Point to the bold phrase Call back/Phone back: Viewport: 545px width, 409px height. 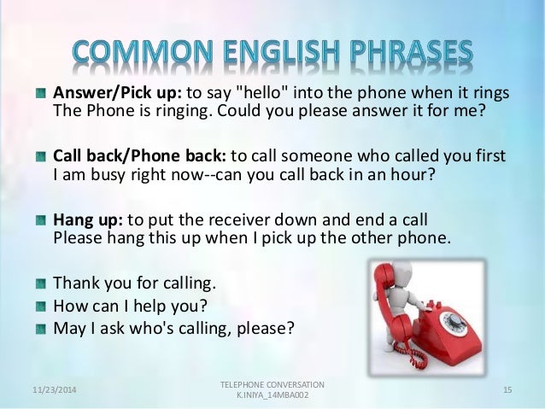coord(140,157)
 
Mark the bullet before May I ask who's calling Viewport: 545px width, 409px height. coord(42,327)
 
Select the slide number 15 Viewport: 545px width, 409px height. coord(507,389)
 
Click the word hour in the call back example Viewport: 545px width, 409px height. coord(401,175)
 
